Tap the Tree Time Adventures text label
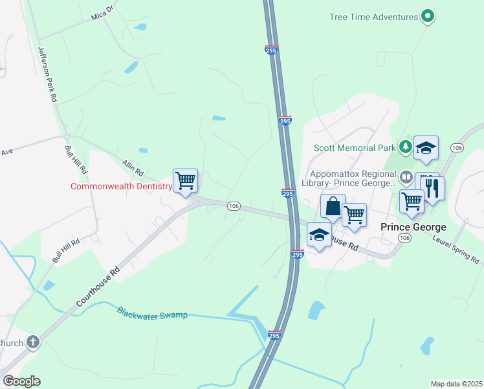point(373,17)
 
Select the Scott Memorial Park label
point(355,147)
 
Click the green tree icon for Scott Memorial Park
point(405,147)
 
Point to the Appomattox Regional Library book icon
point(406,176)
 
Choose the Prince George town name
point(413,227)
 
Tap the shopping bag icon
point(333,206)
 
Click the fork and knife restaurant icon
point(433,187)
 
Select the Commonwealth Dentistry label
point(121,187)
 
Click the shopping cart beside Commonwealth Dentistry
point(185,180)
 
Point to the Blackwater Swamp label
point(152,314)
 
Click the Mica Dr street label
point(101,12)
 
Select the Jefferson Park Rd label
point(47,75)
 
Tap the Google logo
point(21,381)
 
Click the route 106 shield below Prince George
point(405,239)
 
